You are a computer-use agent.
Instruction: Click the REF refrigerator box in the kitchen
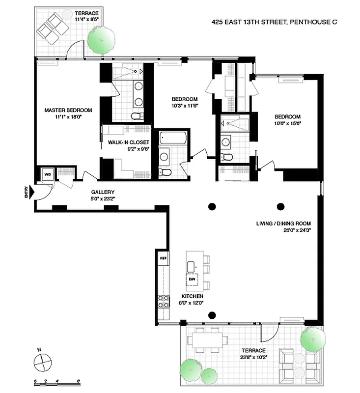[163, 257]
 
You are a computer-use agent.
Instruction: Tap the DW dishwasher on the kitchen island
[193, 279]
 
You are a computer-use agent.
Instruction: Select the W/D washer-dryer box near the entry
[48, 174]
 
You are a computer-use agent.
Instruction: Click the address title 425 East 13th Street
[275, 22]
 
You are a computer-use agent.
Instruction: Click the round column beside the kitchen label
[212, 314]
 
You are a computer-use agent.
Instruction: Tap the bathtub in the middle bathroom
[172, 138]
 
